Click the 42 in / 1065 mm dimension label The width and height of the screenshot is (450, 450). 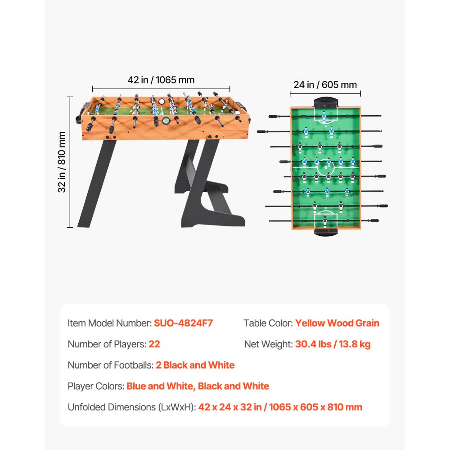[161, 80]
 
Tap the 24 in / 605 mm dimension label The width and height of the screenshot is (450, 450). [325, 85]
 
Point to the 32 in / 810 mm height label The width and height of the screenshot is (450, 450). [62, 162]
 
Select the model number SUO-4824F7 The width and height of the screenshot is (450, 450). [183, 323]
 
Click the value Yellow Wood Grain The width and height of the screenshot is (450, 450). [337, 323]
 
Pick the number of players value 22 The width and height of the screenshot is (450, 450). [154, 344]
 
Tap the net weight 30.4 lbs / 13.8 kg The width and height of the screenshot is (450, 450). [333, 344]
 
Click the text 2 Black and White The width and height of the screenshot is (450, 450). [195, 365]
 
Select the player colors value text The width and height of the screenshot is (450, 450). [198, 386]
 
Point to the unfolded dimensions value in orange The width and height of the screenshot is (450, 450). [280, 407]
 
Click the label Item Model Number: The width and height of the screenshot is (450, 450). [110, 323]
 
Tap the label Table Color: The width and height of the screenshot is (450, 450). [268, 323]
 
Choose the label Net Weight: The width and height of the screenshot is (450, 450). [269, 344]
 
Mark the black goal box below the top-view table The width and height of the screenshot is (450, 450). [325, 232]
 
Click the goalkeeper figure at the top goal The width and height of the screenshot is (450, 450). [324, 117]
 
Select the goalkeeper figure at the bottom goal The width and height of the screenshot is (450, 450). [325, 221]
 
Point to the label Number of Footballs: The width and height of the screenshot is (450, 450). [110, 365]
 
